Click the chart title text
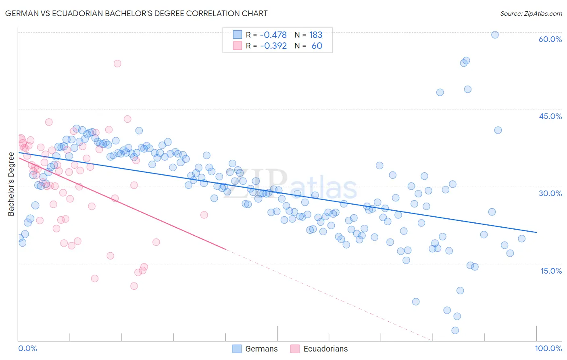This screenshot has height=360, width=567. (136, 13)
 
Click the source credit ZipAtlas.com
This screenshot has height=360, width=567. (531, 13)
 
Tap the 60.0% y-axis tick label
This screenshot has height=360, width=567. (550, 39)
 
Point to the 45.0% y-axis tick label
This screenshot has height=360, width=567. (550, 116)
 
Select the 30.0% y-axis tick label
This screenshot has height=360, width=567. (550, 193)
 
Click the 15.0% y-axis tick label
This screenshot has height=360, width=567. (551, 271)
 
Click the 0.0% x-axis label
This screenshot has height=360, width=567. (27, 348)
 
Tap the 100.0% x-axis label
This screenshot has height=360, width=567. (548, 348)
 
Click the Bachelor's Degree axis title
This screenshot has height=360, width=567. (11, 184)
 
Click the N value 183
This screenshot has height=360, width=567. (316, 35)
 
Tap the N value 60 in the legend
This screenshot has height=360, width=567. (317, 46)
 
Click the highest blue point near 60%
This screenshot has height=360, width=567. (495, 35)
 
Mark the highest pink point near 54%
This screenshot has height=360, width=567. (117, 63)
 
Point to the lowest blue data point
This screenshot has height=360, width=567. (455, 331)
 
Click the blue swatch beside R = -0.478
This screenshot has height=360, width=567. (238, 35)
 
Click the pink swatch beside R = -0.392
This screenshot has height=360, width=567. (238, 46)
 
